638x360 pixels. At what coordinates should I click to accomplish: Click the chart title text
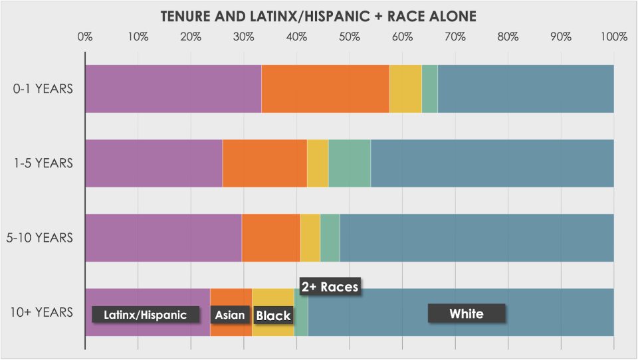(x=319, y=15)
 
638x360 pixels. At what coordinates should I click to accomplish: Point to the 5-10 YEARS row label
(x=44, y=237)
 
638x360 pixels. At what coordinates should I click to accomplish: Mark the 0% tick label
(x=85, y=37)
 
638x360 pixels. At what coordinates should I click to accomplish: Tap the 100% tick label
(x=612, y=37)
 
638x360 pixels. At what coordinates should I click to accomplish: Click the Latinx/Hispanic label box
(x=146, y=315)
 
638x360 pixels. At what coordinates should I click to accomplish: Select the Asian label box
(x=230, y=315)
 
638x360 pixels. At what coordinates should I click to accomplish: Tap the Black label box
(x=273, y=315)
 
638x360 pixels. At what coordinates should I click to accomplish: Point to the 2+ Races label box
(x=330, y=287)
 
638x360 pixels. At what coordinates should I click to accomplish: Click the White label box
(x=467, y=314)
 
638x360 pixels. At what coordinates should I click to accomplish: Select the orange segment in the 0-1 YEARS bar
(x=325, y=88)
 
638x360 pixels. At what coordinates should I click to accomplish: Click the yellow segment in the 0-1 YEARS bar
(x=405, y=88)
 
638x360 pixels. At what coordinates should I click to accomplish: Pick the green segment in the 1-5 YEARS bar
(x=349, y=163)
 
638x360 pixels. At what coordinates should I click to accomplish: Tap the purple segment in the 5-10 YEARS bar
(x=163, y=237)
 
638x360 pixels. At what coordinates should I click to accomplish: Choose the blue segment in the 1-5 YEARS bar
(x=492, y=163)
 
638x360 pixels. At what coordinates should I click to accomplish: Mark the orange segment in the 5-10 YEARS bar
(x=270, y=237)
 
